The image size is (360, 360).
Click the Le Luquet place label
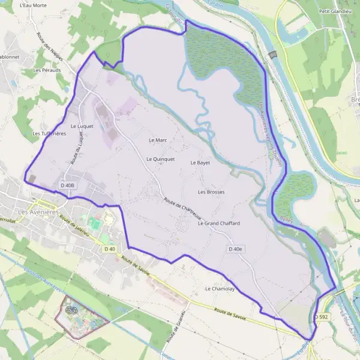tap(82, 126)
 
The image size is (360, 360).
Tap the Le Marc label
tap(157, 140)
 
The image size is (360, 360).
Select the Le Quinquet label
tap(160, 159)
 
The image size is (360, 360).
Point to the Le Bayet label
tap(200, 163)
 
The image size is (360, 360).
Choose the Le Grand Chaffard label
tap(218, 223)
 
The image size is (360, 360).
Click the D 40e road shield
tap(236, 249)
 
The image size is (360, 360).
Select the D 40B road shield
tap(67, 185)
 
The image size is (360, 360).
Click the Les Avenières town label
tap(25, 211)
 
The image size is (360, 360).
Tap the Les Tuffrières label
tap(49, 133)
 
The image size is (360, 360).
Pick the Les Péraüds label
tap(47, 70)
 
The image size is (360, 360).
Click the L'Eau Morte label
tap(32, 5)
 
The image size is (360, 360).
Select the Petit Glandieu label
tap(334, 11)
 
